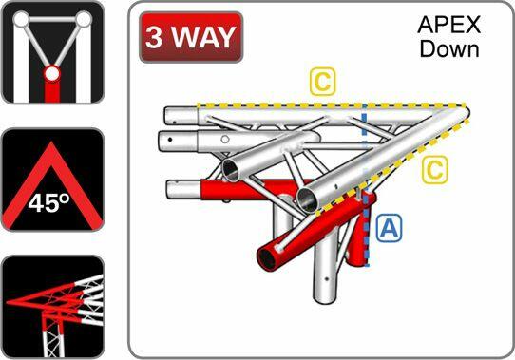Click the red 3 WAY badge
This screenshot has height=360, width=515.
coord(190,37)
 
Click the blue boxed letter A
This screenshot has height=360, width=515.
coord(388,228)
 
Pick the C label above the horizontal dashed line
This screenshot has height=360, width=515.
coord(323,83)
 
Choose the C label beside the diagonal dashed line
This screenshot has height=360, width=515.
coord(434,170)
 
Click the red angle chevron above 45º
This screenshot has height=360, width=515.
coord(52,161)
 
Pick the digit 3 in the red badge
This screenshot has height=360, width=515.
coord(155,37)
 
